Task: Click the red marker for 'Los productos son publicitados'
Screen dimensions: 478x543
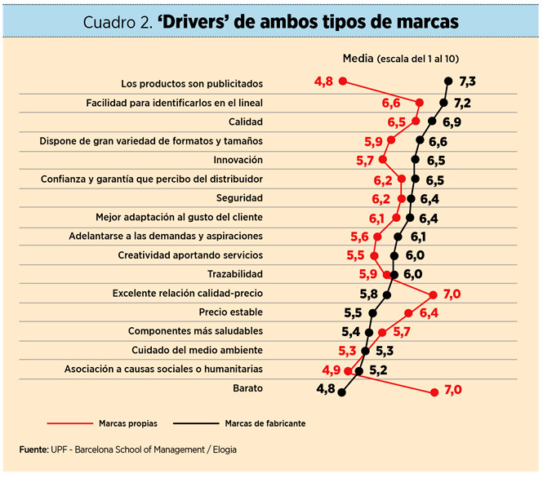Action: (343, 81)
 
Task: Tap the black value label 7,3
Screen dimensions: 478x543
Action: (467, 82)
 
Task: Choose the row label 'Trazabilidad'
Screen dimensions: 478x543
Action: (235, 273)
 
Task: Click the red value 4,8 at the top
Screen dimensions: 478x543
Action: (323, 82)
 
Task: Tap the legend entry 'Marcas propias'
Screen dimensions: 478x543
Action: (127, 424)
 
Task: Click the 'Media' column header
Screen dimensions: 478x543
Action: (358, 58)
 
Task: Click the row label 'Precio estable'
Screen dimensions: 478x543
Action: (230, 312)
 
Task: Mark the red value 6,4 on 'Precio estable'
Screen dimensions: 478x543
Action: (429, 312)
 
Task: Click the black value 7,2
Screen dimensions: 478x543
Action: (462, 103)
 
